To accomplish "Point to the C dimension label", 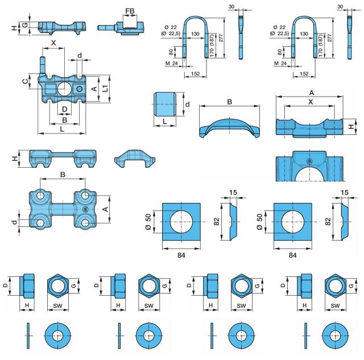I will point(25,82).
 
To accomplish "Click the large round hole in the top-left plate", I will point(64,89).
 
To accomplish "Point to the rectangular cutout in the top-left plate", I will point(49,89).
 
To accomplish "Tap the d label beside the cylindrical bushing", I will point(188,105).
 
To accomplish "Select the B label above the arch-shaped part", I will point(229,102).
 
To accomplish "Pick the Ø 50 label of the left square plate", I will point(149,221).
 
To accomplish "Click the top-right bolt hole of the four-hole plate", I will point(84,195).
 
